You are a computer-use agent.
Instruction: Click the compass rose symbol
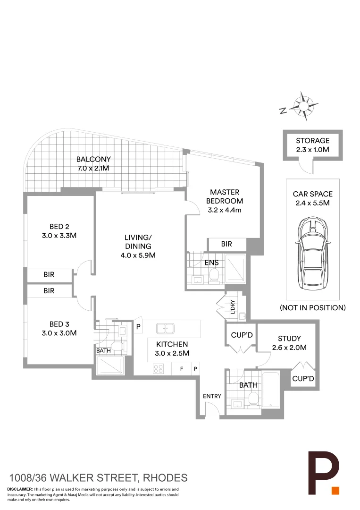[302, 105]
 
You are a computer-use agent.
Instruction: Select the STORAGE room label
[312, 140]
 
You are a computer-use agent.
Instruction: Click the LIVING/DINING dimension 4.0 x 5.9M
[138, 255]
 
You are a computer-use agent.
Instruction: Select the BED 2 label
[59, 226]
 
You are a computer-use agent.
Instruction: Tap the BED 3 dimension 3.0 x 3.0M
[59, 333]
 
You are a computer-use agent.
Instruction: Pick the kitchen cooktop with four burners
[158, 369]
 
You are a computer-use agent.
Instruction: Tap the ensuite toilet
[213, 275]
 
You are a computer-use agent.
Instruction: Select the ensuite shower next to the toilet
[235, 270]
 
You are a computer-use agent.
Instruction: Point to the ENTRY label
[212, 396]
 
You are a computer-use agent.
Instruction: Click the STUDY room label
[289, 338]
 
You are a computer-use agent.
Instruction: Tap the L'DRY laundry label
[233, 307]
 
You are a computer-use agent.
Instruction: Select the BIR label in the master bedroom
[226, 244]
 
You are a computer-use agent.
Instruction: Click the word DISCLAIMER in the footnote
[20, 489]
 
